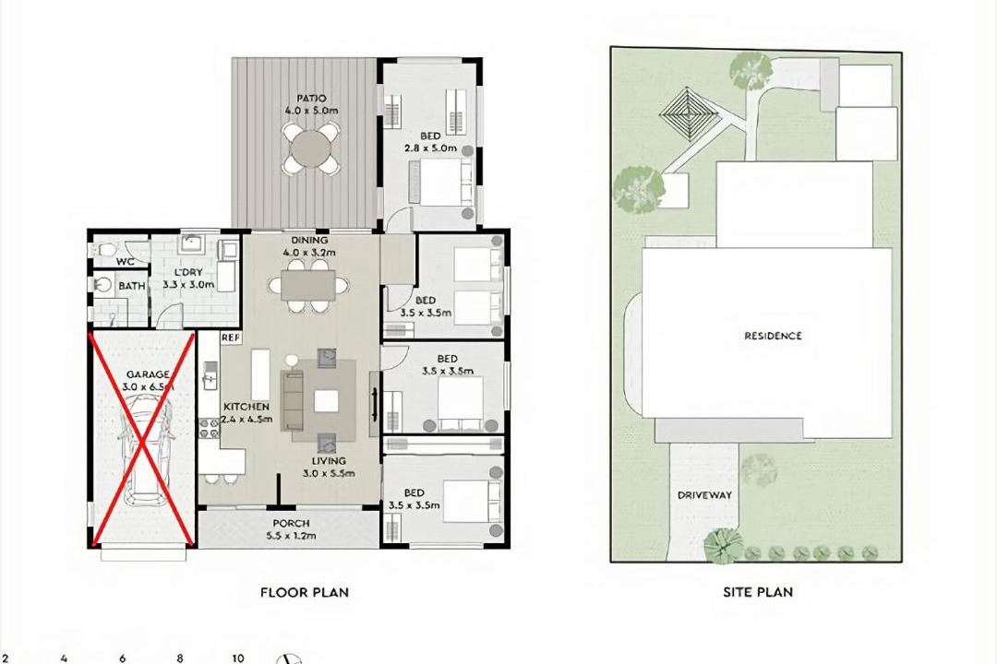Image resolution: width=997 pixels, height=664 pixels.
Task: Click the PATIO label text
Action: tap(311, 99)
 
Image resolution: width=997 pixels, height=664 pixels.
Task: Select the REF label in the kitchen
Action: tap(230, 338)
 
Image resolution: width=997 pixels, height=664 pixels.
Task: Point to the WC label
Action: tap(125, 262)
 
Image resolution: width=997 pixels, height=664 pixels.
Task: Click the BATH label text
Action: tap(132, 286)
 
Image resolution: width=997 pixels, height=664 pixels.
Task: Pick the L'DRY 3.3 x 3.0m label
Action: tap(188, 279)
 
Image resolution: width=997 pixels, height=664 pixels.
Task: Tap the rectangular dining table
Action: tap(308, 285)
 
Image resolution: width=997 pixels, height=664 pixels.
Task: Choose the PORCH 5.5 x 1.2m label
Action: tap(291, 529)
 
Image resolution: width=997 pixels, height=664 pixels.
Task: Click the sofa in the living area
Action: tap(293, 400)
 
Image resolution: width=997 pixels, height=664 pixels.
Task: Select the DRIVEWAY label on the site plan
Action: tap(704, 495)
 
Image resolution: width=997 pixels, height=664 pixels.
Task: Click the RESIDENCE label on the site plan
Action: tap(774, 336)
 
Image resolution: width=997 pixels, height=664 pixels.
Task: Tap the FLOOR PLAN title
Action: tap(305, 592)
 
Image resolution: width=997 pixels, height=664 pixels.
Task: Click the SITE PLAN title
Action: tap(758, 592)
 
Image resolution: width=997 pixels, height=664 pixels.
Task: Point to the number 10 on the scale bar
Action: tap(238, 658)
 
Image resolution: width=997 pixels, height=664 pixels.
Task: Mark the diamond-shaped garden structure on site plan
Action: tap(688, 115)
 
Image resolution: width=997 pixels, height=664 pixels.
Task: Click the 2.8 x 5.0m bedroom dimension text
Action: tap(430, 148)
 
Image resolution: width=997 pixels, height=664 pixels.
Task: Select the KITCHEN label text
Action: tap(246, 407)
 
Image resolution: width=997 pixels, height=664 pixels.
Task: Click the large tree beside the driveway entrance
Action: tap(723, 544)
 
